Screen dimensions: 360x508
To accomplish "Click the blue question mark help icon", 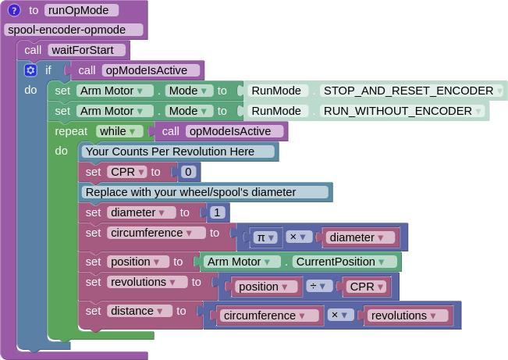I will pyautogui.click(x=14, y=10).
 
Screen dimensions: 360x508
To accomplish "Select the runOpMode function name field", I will pyautogui.click(x=82, y=10).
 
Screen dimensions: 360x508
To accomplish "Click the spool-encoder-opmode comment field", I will pyautogui.click(x=74, y=30).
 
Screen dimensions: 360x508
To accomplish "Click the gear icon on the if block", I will pyautogui.click(x=30, y=70).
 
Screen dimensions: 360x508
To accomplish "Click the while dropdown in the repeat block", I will pyautogui.click(x=119, y=131).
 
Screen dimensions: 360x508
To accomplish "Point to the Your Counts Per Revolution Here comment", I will pyautogui.click(x=179, y=151).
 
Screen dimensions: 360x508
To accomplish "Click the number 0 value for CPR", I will pyautogui.click(x=187, y=172).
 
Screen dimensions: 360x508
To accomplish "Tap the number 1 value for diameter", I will pyautogui.click(x=217, y=212).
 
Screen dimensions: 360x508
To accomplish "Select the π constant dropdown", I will pyautogui.click(x=266, y=237).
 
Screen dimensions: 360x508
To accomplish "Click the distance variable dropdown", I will pyautogui.click(x=140, y=311).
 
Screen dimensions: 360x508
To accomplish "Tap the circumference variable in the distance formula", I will pyautogui.click(x=270, y=315).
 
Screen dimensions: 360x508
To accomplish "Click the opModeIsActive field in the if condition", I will pyautogui.click(x=151, y=70).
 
